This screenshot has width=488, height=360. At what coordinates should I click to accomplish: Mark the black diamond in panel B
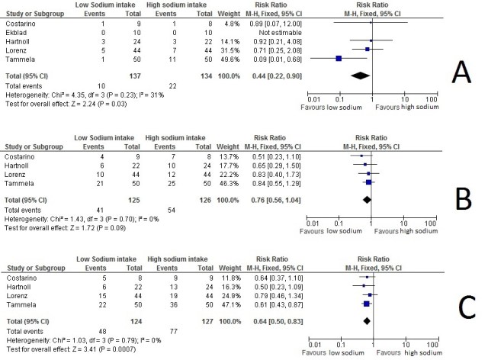pos(367,200)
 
